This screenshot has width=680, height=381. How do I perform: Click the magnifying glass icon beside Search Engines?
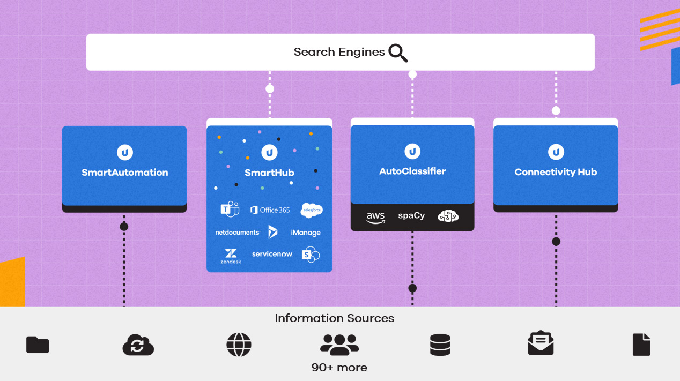(x=398, y=53)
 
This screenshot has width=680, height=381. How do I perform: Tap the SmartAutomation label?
(x=124, y=173)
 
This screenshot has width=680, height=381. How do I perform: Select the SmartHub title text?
(x=269, y=173)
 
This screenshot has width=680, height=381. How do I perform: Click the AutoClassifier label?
(x=412, y=171)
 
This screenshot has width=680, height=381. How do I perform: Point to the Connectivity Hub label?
(x=556, y=172)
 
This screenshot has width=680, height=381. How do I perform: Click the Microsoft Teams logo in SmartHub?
(x=230, y=210)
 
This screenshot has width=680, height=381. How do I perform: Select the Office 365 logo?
(x=270, y=210)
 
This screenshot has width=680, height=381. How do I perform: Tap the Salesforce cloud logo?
(x=312, y=210)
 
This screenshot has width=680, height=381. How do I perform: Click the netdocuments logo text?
(x=237, y=233)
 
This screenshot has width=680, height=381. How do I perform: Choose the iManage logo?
(x=306, y=233)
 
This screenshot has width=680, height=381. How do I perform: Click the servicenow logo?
(x=272, y=254)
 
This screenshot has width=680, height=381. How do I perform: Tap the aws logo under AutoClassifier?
(x=375, y=217)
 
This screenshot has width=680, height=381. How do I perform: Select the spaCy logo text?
(x=411, y=216)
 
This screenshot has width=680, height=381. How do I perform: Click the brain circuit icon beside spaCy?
(x=448, y=216)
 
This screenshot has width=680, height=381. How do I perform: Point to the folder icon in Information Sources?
(x=38, y=345)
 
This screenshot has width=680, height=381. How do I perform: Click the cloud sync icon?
(x=138, y=345)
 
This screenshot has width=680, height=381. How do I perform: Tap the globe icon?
(x=239, y=345)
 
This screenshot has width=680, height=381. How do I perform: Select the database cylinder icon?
(x=440, y=345)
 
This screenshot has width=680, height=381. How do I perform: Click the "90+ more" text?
(x=339, y=368)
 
